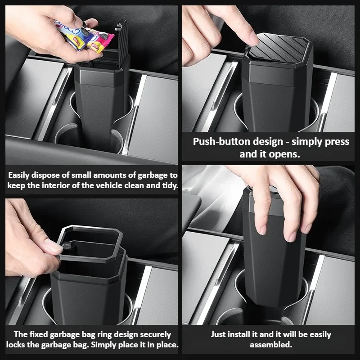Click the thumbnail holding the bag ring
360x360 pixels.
point(54,246)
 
